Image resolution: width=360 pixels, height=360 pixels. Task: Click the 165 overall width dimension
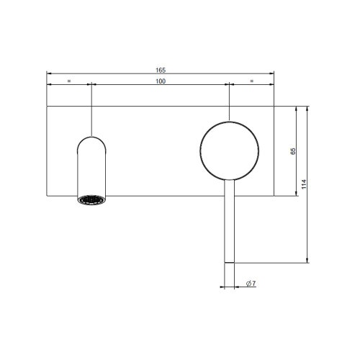160,70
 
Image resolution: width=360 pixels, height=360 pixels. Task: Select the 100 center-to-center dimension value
160,81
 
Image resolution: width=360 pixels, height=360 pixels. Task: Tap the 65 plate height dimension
292,151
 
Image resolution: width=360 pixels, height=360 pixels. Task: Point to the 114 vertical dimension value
305,184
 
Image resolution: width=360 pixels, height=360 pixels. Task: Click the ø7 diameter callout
251,284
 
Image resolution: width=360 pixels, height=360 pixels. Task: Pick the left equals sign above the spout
69,81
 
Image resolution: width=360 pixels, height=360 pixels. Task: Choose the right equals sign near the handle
251,81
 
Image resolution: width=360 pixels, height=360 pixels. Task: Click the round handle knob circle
229,150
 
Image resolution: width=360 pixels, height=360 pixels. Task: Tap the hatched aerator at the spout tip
91,199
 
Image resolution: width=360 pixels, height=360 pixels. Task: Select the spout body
91,169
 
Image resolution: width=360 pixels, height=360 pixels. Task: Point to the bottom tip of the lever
229,262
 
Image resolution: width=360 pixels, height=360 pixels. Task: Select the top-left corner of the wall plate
48,107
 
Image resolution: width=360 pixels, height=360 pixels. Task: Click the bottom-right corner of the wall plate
274,195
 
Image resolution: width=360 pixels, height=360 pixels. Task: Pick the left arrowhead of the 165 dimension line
50,73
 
